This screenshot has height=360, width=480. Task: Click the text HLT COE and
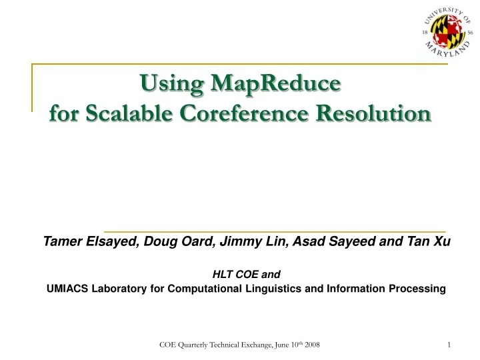pos(246,273)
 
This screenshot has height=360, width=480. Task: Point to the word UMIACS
pos(65,289)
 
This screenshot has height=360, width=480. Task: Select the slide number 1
pos(450,344)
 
